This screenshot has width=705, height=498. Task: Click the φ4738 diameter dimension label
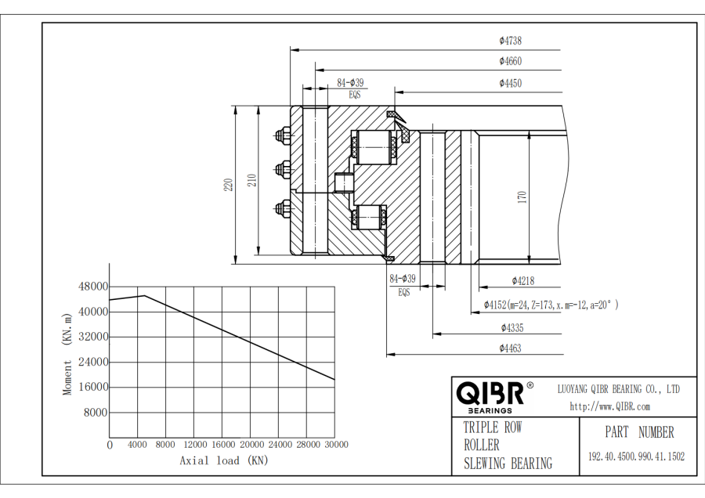pos(510,41)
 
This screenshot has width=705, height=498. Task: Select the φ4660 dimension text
pos(510,61)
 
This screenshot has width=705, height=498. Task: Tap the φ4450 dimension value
pos(510,83)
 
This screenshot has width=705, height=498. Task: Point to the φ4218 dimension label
pos(523,280)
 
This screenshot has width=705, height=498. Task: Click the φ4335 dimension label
pos(511,327)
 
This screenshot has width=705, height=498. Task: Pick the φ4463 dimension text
pos(510,348)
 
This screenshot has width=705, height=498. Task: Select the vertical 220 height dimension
pos(229,185)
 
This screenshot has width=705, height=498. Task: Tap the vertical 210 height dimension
pos(252,181)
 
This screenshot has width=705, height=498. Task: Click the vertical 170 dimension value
pos(522,197)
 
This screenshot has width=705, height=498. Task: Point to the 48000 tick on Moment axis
pos(93,287)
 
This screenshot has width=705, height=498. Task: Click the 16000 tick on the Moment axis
pos(93,387)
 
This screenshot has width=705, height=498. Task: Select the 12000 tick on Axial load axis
pos(194,445)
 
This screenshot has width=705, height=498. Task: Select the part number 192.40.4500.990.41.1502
pos(636,456)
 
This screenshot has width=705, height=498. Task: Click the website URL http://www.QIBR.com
pos(609,406)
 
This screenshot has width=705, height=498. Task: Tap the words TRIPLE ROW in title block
pos(492,428)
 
